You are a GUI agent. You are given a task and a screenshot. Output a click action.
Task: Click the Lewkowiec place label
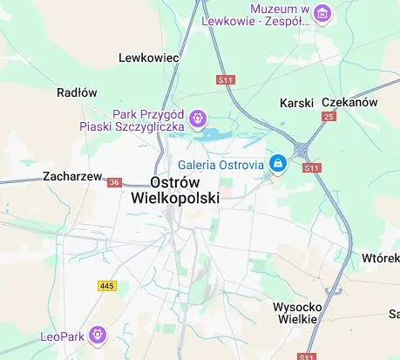point(148,58)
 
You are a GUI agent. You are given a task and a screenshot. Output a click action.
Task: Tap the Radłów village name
point(77,92)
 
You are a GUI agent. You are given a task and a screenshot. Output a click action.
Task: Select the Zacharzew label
point(72,176)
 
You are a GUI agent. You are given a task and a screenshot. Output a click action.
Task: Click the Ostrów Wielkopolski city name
point(174,190)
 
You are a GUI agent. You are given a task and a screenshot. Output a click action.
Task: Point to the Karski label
point(295,103)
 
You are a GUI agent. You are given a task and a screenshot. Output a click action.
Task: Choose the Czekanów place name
point(349,102)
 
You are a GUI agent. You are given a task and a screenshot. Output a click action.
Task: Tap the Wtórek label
point(380,260)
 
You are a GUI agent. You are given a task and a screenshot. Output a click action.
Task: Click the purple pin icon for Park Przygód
point(199,118)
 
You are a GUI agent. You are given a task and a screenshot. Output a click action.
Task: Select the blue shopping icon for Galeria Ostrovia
point(278,163)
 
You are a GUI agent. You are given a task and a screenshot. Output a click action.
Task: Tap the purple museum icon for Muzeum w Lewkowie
point(322,13)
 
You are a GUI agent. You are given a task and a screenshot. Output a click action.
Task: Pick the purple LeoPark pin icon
point(98,334)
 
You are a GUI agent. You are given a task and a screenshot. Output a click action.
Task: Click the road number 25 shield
point(329,116)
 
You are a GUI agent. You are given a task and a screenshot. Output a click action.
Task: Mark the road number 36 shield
point(115,182)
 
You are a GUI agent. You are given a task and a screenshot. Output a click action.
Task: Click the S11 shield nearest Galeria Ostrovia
point(312,167)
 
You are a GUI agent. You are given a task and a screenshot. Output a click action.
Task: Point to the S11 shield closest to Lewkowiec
point(227,80)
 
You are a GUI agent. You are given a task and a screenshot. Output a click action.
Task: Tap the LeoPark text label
point(63,335)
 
